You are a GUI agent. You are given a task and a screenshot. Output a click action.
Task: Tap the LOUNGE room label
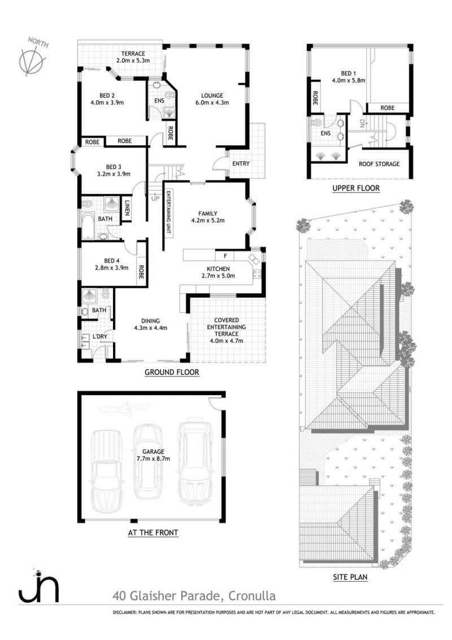(212, 96)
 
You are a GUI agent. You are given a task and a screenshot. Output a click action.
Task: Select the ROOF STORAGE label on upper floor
(379, 163)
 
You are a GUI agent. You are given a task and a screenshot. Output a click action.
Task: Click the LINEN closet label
(127, 207)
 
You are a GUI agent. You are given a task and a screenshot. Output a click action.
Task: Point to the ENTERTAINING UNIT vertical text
(168, 212)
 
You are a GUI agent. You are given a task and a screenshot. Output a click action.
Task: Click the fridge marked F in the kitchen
(225, 256)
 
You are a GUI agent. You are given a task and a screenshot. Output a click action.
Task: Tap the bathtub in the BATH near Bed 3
(88, 224)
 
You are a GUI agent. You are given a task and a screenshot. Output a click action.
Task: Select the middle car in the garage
(147, 462)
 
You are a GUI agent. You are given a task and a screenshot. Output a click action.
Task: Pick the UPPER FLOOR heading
(356, 188)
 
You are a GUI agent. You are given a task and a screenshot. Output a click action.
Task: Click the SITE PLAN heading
(350, 577)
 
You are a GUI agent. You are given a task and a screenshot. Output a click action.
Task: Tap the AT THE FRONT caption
(153, 532)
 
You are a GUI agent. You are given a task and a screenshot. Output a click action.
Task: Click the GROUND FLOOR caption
(172, 372)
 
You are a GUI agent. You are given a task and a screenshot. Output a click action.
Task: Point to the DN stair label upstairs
(362, 123)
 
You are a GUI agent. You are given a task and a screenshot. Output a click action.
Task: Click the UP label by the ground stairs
(155, 199)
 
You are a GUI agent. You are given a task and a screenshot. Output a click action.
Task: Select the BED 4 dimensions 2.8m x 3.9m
(111, 268)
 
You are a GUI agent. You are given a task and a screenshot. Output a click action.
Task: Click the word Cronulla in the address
(251, 596)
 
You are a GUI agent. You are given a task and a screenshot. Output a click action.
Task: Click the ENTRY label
(241, 163)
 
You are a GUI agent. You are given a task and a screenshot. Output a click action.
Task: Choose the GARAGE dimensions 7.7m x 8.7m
(153, 459)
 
